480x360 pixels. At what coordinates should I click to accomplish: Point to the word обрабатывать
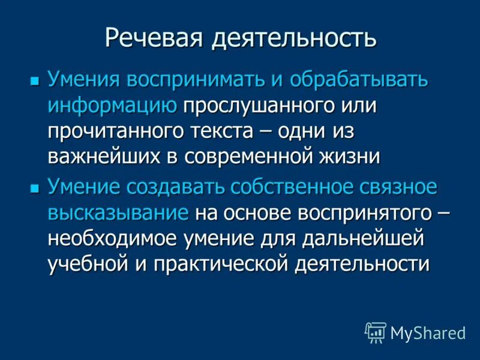[x=359, y=80]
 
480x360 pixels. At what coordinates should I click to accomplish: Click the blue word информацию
[x=112, y=106]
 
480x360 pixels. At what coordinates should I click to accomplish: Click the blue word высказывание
[x=119, y=213]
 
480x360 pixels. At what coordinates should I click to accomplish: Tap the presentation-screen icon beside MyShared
[x=376, y=332]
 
